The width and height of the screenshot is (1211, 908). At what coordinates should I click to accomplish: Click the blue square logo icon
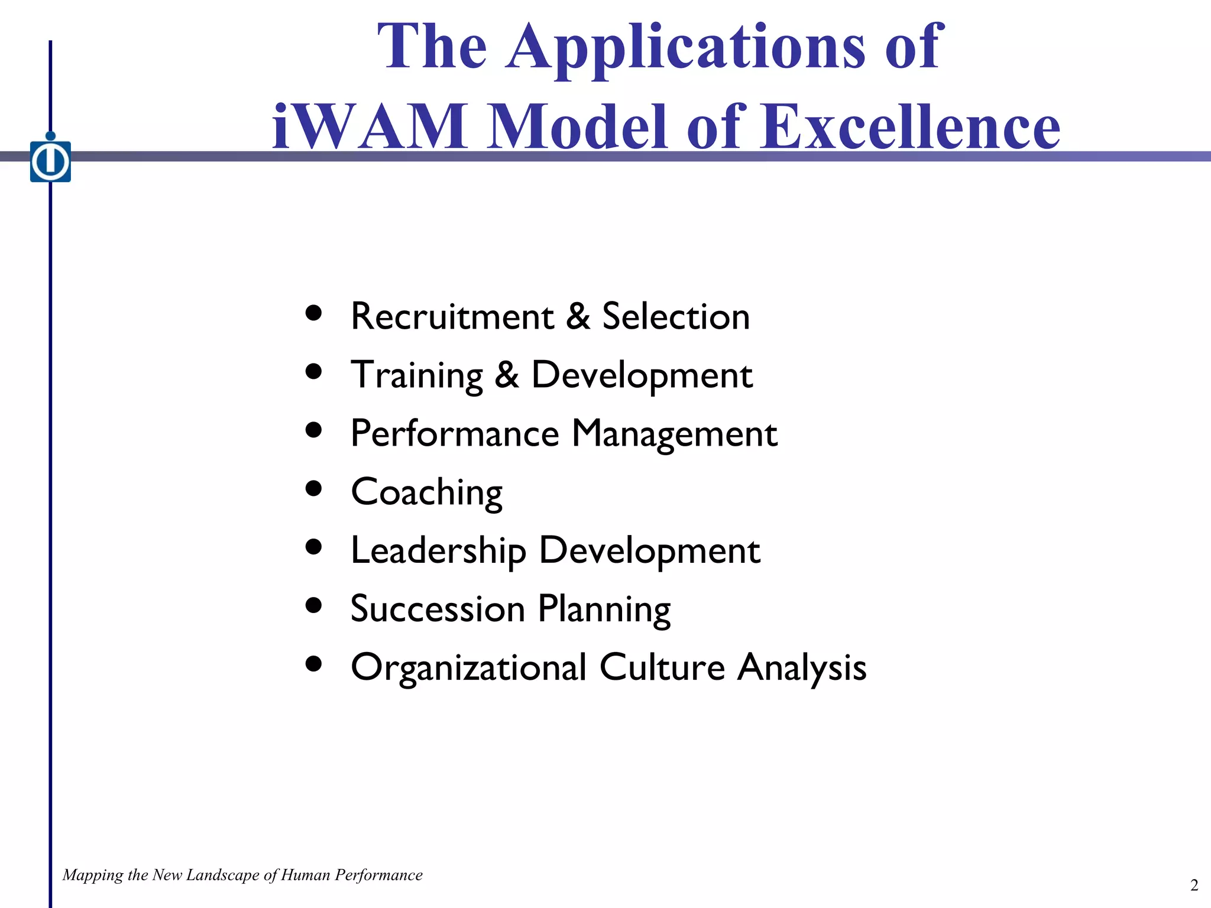coord(51,161)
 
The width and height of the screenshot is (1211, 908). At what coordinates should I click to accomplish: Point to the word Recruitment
coord(452,316)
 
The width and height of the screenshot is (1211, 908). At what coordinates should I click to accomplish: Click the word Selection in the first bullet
coord(676,316)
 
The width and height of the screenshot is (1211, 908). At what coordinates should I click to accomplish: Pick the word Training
coord(417,375)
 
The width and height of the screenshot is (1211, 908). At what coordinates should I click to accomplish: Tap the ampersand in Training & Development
coord(507,375)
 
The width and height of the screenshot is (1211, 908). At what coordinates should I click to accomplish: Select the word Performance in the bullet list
coord(455,433)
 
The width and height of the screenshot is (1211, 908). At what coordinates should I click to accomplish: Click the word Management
coord(674,433)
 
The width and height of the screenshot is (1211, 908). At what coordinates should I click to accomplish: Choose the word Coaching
coord(426,492)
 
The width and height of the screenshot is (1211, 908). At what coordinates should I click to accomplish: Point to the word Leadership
coord(438,550)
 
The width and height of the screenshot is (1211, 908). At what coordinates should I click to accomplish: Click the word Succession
coord(438,609)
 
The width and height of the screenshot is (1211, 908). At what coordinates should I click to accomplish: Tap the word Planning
coord(604,609)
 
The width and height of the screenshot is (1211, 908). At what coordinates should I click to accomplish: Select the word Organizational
coord(468,667)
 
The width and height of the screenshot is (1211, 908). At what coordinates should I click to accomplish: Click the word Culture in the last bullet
coord(662,667)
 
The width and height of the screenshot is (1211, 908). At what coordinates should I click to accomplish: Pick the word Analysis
coord(802,667)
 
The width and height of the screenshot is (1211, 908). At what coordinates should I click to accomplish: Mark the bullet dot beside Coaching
coord(314,488)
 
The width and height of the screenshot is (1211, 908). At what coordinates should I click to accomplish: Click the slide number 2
coord(1194,885)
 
